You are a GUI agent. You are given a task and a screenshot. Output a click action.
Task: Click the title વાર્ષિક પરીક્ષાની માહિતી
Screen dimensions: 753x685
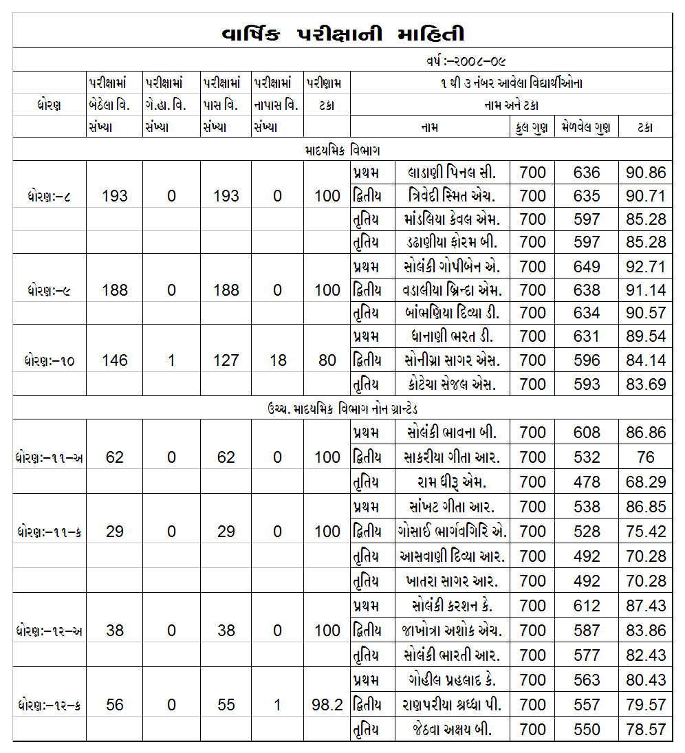click(x=342, y=34)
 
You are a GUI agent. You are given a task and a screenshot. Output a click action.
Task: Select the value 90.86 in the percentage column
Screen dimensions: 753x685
click(x=645, y=173)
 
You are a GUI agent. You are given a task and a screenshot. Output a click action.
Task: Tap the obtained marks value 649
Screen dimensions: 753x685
click(x=586, y=267)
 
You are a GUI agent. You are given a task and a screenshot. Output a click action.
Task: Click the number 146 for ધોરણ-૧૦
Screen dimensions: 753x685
click(x=114, y=360)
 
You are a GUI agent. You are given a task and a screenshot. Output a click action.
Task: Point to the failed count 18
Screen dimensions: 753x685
click(x=277, y=360)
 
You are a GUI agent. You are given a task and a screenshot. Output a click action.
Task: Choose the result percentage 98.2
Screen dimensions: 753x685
click(x=327, y=705)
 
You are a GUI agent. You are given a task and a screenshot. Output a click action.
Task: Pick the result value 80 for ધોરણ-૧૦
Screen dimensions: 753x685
click(x=327, y=360)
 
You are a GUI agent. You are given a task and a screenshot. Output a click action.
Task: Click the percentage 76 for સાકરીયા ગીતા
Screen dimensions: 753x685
click(x=645, y=457)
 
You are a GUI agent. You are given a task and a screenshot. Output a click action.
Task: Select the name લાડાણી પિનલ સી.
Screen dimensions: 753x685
click(x=450, y=173)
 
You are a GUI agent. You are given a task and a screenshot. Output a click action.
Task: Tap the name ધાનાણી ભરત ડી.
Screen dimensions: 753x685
click(x=450, y=337)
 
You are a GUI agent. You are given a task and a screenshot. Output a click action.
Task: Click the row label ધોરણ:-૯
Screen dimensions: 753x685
click(x=47, y=290)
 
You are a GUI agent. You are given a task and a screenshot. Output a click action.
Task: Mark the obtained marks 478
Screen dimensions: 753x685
click(x=586, y=481)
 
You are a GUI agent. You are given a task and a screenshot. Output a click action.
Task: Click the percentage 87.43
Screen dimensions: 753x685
click(x=645, y=606)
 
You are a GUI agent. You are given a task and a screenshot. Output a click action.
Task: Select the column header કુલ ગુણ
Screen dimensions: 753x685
click(x=531, y=127)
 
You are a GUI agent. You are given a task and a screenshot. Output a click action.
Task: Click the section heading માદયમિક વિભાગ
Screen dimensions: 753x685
click(x=342, y=150)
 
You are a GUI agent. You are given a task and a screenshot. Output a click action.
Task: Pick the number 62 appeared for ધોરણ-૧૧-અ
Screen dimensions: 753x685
click(x=114, y=457)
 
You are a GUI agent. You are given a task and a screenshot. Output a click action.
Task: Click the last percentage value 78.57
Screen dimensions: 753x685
click(x=645, y=729)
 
